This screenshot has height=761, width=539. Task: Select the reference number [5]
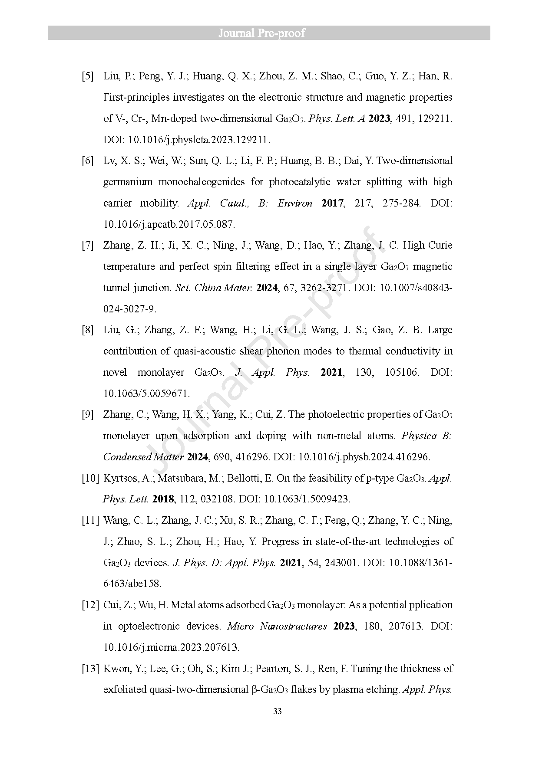pyautogui.click(x=88, y=76)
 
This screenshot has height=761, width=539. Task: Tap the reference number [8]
pyautogui.click(x=88, y=330)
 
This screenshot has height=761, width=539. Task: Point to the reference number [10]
pyautogui.click(x=90, y=478)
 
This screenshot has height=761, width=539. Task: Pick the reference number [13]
pyautogui.click(x=90, y=669)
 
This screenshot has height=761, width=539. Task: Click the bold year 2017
pyautogui.click(x=333, y=203)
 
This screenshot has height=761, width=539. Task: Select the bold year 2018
pyautogui.click(x=163, y=499)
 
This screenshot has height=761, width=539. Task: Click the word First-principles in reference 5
pyautogui.click(x=136, y=97)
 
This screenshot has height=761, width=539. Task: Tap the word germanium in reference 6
pyautogui.click(x=128, y=182)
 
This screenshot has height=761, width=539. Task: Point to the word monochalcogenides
pyautogui.click(x=202, y=182)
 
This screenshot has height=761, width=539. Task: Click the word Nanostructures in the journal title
pyautogui.click(x=293, y=626)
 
